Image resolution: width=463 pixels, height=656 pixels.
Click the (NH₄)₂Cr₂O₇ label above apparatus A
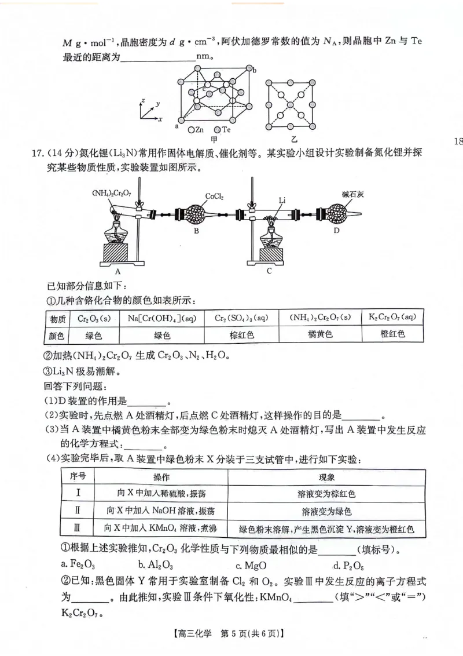click(111, 193)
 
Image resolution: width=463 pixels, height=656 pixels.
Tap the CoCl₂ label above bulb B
click(215, 196)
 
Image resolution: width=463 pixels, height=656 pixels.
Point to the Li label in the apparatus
click(282, 199)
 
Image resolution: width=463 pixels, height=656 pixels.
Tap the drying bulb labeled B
click(197, 214)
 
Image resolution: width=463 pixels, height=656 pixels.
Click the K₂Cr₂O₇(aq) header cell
click(392, 318)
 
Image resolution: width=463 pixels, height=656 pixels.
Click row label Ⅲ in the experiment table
click(78, 528)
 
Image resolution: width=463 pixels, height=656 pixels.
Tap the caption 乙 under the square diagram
click(295, 139)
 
